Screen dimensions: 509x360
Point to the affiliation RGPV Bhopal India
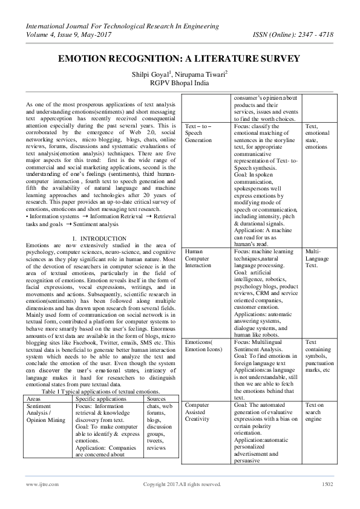180,83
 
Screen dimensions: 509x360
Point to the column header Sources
157,399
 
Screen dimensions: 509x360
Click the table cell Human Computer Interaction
197,258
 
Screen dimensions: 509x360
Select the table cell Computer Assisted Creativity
197,412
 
